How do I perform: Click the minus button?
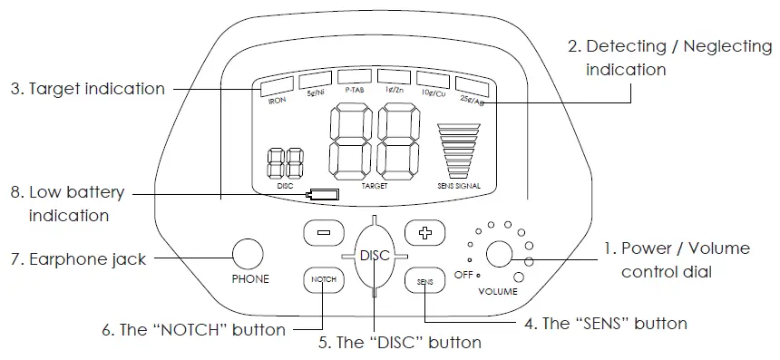pyautogui.click(x=323, y=232)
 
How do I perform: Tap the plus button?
pyautogui.click(x=421, y=232)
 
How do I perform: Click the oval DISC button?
pyautogui.click(x=374, y=256)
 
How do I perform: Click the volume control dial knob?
pyautogui.click(x=499, y=254)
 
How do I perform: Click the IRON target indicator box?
pyautogui.click(x=276, y=88)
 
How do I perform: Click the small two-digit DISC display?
pyautogui.click(x=285, y=162)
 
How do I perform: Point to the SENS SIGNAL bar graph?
pyautogui.click(x=457, y=150)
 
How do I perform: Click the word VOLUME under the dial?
pyautogui.click(x=498, y=292)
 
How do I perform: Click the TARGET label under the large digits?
pyautogui.click(x=375, y=185)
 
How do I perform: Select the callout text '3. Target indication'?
pyautogui.click(x=88, y=89)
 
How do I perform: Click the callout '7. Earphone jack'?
pyautogui.click(x=78, y=259)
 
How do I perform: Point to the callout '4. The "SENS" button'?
pyautogui.click(x=605, y=323)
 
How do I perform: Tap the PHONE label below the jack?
pyautogui.click(x=250, y=279)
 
